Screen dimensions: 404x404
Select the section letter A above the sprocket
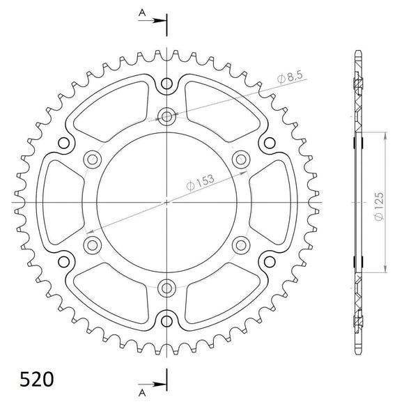click(x=141, y=13)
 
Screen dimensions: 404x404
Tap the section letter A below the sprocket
click(x=141, y=391)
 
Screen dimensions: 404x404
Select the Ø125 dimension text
click(x=377, y=202)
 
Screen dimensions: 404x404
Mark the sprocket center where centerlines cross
click(x=167, y=203)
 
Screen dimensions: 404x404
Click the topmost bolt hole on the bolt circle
click(x=167, y=116)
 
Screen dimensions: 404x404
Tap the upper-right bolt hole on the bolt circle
click(x=242, y=159)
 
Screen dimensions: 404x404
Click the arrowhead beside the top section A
click(x=162, y=20)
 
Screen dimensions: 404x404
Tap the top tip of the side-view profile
click(x=358, y=52)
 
